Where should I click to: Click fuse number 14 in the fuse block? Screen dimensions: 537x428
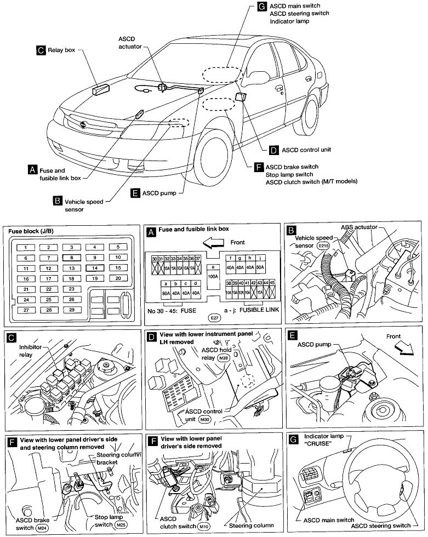coord(95,268)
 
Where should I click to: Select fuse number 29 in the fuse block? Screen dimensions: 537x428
coord(72,310)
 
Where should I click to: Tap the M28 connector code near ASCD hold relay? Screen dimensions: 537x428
coord(223,358)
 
